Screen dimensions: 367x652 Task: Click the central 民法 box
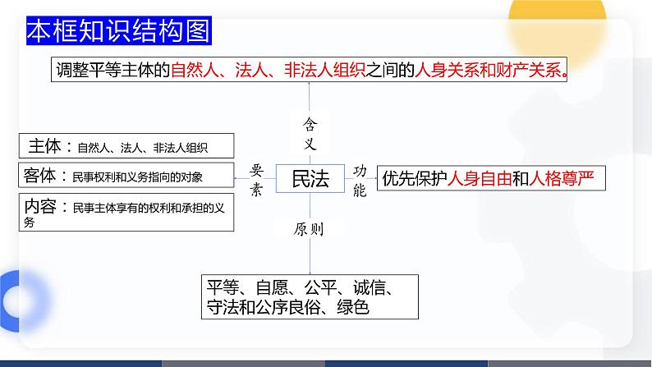coord(310,178)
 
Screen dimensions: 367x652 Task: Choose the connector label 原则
coord(309,230)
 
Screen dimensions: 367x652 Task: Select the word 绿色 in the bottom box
coord(351,308)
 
